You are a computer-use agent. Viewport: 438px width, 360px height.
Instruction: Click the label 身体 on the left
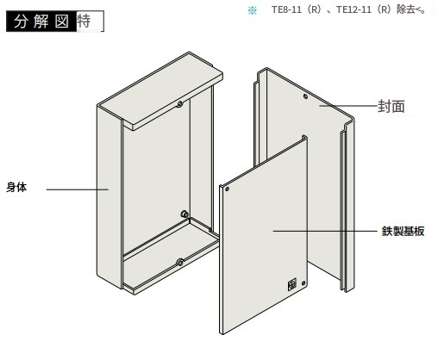[x=16, y=187]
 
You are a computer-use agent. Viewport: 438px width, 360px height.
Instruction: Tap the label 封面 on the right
[x=391, y=107]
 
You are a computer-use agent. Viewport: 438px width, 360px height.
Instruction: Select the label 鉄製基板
[x=403, y=231]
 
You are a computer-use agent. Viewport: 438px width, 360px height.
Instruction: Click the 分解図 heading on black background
[x=41, y=22]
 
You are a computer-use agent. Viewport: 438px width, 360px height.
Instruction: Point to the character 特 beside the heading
[x=84, y=21]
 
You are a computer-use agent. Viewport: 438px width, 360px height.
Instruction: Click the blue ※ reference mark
[x=253, y=11]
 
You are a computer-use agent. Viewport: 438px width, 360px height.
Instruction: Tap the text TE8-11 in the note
[x=286, y=9]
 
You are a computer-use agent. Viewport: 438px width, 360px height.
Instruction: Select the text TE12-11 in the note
[x=354, y=9]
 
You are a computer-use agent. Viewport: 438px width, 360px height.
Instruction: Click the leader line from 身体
[x=78, y=189]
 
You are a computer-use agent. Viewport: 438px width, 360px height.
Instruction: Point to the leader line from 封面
[x=348, y=106]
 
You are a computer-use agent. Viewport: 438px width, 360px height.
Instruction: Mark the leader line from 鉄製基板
[x=325, y=231]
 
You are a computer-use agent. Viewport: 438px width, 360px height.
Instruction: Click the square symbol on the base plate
[x=292, y=285]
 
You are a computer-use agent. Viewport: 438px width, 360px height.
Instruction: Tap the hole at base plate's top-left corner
[x=227, y=189]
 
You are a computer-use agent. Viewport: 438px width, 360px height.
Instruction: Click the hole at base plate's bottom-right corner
[x=303, y=283]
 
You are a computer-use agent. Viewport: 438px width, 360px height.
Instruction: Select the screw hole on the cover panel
[x=305, y=96]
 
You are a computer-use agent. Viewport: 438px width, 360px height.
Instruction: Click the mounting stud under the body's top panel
[x=180, y=103]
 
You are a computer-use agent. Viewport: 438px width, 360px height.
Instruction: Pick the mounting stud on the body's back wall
[x=185, y=214]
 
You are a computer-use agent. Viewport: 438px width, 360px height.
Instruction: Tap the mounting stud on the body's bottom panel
[x=180, y=262]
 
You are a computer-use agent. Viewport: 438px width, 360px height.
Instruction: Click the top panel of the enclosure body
[x=160, y=90]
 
